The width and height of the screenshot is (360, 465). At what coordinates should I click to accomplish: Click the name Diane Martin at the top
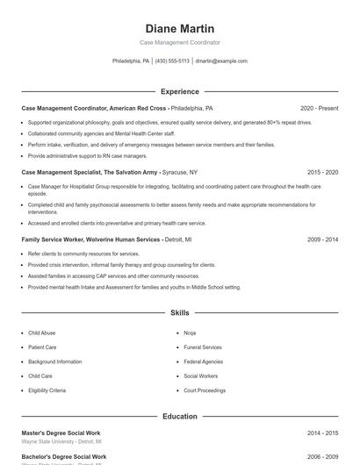[x=179, y=29]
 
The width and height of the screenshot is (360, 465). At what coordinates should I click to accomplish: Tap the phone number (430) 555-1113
[x=173, y=61]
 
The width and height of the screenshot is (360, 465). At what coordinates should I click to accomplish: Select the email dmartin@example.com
[x=221, y=61]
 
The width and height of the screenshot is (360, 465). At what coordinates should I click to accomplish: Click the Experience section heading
[x=179, y=91]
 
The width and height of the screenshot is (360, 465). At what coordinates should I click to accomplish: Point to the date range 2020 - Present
[x=319, y=108]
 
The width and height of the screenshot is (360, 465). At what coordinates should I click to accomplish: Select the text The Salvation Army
[x=132, y=173]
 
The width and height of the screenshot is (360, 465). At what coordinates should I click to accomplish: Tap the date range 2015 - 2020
[x=322, y=173]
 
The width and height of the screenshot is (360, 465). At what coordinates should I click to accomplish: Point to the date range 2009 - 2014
[x=322, y=239]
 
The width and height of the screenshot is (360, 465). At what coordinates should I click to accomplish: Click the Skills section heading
[x=179, y=312]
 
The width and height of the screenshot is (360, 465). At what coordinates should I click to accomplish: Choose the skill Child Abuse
[x=41, y=333]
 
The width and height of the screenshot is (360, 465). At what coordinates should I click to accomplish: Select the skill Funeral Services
[x=203, y=347]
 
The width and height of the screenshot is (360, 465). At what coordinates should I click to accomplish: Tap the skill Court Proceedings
[x=205, y=390]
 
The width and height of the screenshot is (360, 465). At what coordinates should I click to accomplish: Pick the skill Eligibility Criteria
[x=47, y=390]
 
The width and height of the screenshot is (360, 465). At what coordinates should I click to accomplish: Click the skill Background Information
[x=54, y=361]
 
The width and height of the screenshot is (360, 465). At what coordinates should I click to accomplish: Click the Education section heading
[x=179, y=416]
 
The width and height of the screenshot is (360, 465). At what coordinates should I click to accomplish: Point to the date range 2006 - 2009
[x=322, y=457]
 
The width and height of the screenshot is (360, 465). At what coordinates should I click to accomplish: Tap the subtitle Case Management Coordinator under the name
[x=179, y=42]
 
